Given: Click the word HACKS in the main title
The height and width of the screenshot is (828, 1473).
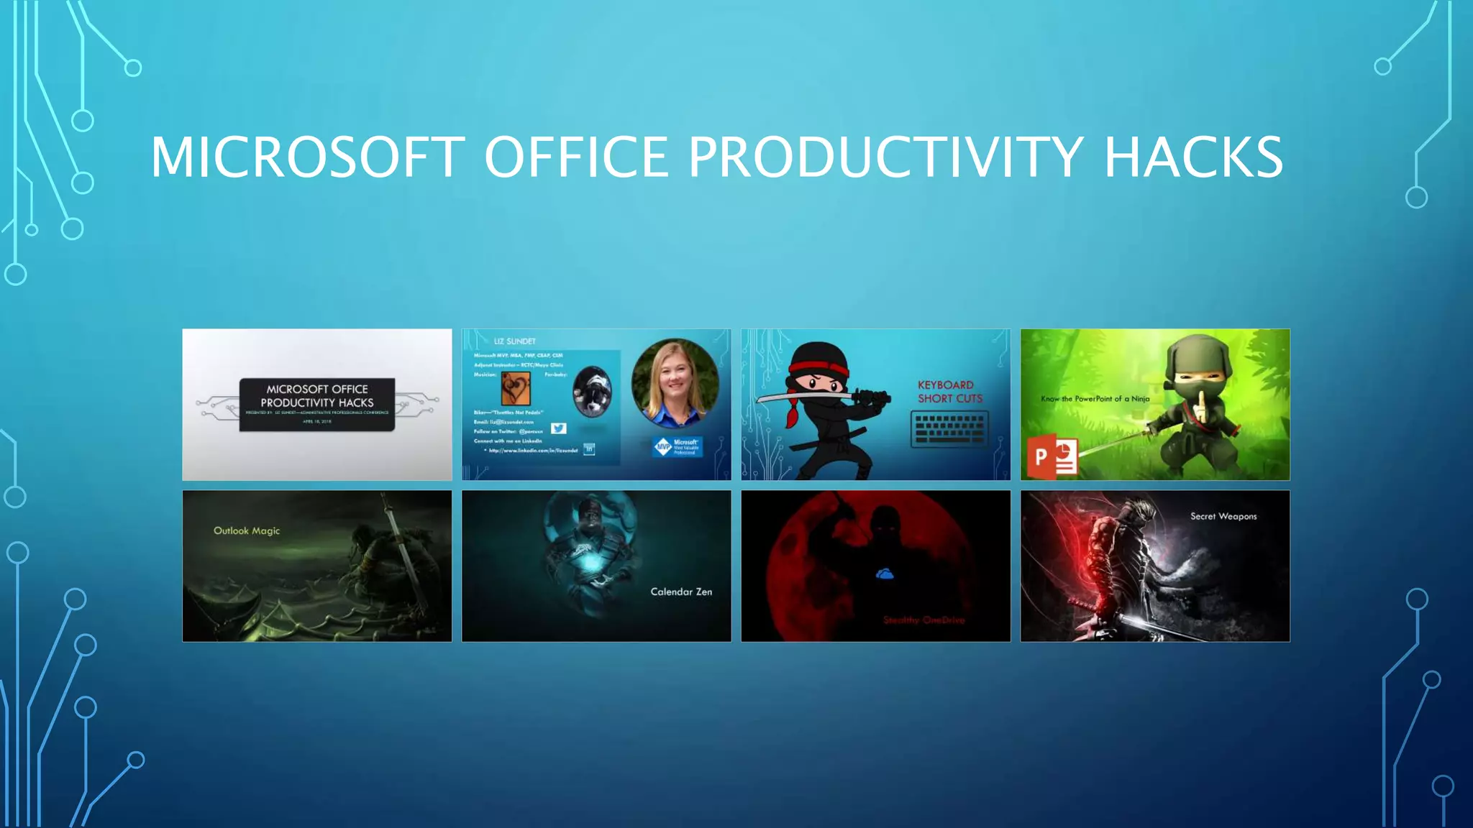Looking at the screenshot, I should pyautogui.click(x=1193, y=157).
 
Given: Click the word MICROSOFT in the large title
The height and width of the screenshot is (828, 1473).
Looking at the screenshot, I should pyautogui.click(x=307, y=157).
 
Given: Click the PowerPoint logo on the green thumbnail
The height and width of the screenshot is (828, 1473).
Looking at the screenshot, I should pyautogui.click(x=1052, y=457).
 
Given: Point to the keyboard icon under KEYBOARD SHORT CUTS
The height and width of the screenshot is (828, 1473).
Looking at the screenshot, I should pyautogui.click(x=949, y=429).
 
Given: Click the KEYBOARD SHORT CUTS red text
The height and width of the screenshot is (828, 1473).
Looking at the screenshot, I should pyautogui.click(x=949, y=392).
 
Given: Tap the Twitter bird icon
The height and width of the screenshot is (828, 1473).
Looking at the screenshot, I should pyautogui.click(x=559, y=428).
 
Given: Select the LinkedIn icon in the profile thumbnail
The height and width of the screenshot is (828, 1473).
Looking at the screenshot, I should pyautogui.click(x=589, y=450).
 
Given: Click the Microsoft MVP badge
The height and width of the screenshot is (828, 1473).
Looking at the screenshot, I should pyautogui.click(x=677, y=446).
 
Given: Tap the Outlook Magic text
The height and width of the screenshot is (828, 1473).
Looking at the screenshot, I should pyautogui.click(x=247, y=531).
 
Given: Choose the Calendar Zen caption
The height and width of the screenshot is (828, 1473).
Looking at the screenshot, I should pyautogui.click(x=681, y=592).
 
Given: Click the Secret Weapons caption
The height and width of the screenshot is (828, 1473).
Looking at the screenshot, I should pyautogui.click(x=1223, y=516).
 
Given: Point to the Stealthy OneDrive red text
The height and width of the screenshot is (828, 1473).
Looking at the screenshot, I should pyautogui.click(x=924, y=620).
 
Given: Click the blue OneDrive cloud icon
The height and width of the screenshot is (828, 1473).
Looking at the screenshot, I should pyautogui.click(x=885, y=574).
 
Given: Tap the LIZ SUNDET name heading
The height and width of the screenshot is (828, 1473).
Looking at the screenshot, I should pyautogui.click(x=515, y=341).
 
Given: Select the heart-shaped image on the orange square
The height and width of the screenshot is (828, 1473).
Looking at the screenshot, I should pyautogui.click(x=516, y=389).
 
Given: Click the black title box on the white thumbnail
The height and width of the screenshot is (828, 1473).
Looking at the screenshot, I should pyautogui.click(x=317, y=404).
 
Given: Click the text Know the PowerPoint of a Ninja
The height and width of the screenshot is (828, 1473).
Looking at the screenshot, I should pyautogui.click(x=1095, y=399).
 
